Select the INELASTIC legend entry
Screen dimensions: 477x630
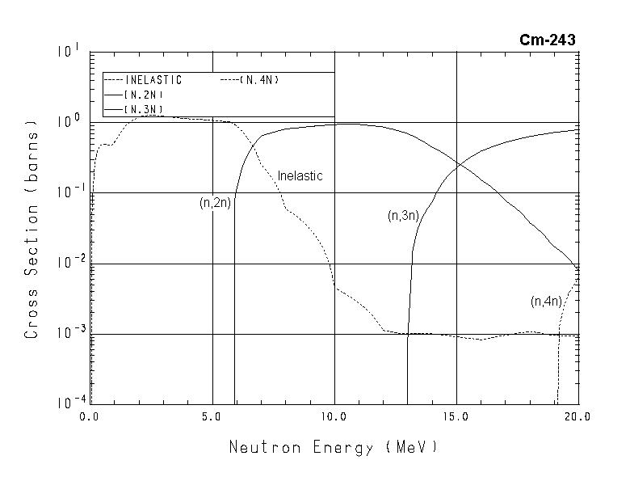(x=153, y=80)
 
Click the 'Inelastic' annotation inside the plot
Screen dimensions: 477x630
(x=300, y=175)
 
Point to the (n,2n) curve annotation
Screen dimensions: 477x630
(x=216, y=203)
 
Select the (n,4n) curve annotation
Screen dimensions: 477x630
(x=545, y=302)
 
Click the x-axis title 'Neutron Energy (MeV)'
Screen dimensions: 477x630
(x=334, y=446)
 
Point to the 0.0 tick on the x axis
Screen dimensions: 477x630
(x=89, y=416)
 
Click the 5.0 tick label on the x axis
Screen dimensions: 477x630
(x=212, y=416)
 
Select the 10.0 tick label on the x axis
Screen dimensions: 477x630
(x=334, y=416)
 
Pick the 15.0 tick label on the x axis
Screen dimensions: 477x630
(x=456, y=416)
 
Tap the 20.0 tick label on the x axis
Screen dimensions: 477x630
(x=578, y=416)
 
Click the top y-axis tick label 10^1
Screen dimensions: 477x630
(x=69, y=52)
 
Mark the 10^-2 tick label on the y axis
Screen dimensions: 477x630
(x=67, y=262)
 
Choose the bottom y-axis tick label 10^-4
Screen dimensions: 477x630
(x=67, y=403)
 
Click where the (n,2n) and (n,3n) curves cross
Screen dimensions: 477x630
(x=458, y=165)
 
